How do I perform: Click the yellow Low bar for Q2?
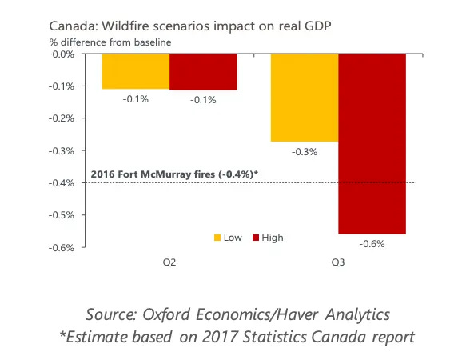(135, 71)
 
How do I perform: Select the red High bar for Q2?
(203, 72)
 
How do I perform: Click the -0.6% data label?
(372, 243)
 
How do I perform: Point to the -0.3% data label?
(305, 151)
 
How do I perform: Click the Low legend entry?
(229, 237)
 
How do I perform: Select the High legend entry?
(267, 237)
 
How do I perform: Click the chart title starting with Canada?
(168, 26)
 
